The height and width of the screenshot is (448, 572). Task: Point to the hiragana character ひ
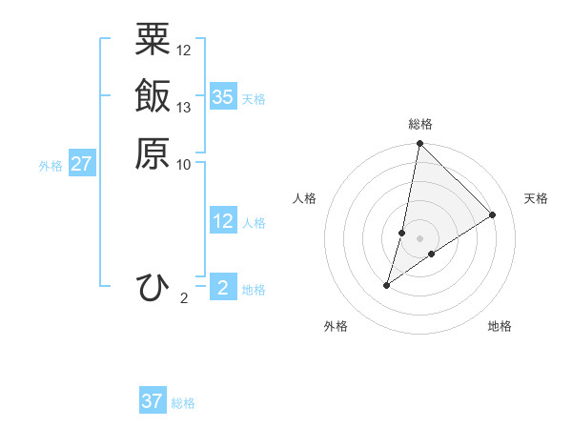pyautogui.click(x=153, y=287)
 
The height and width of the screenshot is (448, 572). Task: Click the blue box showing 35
pyautogui.click(x=223, y=96)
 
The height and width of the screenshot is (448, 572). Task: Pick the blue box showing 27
pyautogui.click(x=82, y=164)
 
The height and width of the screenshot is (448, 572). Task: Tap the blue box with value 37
pyautogui.click(x=153, y=401)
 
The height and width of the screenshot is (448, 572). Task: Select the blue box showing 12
pyautogui.click(x=223, y=221)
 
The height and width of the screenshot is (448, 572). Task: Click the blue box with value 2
pyautogui.click(x=223, y=288)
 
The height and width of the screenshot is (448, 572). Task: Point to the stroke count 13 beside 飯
pyautogui.click(x=184, y=107)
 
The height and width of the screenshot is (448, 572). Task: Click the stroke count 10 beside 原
pyautogui.click(x=184, y=163)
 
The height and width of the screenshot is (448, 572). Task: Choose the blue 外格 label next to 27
pyautogui.click(x=51, y=166)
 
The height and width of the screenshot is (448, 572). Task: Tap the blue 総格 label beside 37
pyautogui.click(x=183, y=403)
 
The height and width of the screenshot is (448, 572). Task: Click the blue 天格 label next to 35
pyautogui.click(x=254, y=98)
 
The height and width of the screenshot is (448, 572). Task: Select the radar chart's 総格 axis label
pyautogui.click(x=420, y=124)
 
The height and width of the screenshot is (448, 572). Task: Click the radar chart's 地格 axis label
pyautogui.click(x=500, y=327)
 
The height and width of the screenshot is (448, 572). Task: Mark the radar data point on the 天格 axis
pyautogui.click(x=493, y=214)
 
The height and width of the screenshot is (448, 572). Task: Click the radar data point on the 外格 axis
pyautogui.click(x=387, y=284)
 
